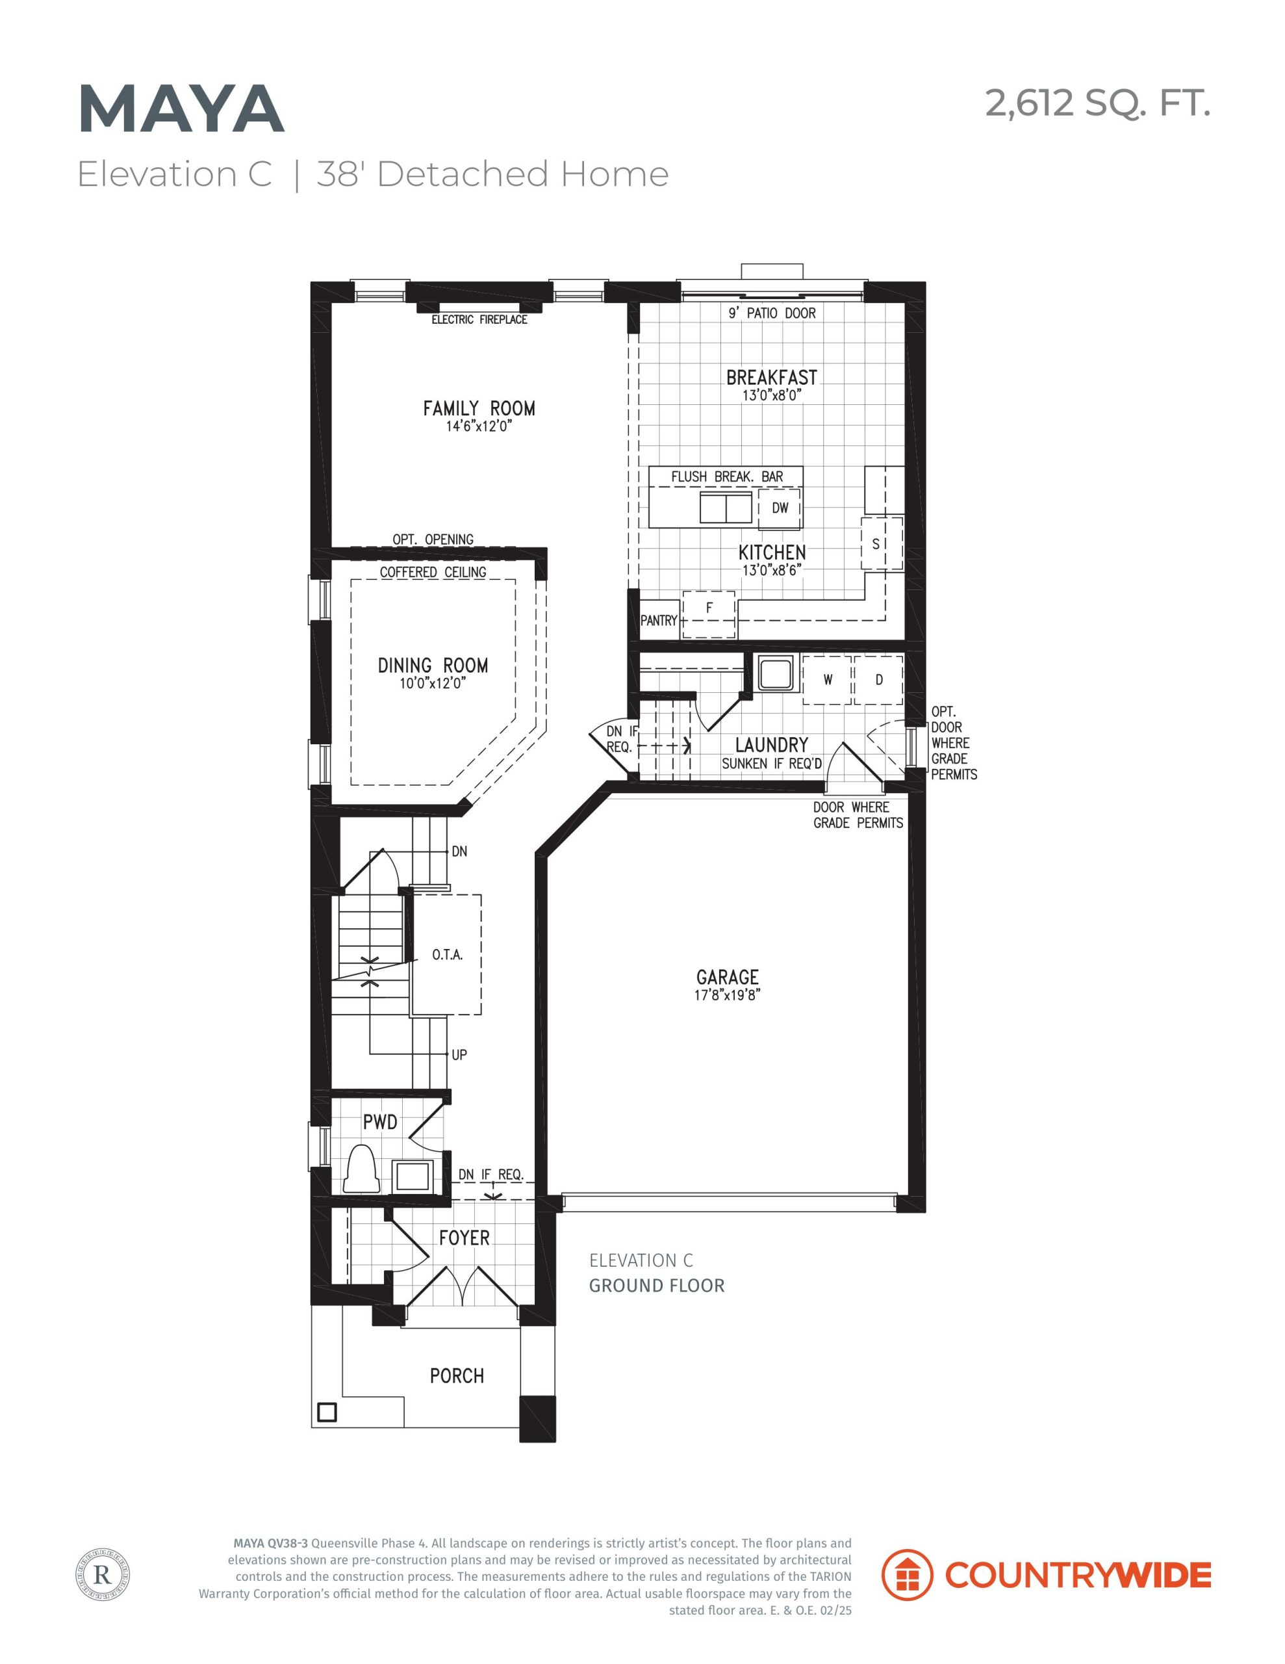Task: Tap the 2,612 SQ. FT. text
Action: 1098,103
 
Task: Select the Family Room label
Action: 479,408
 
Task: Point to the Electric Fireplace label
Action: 479,319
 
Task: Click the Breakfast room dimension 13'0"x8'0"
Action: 772,395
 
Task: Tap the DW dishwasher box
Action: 779,508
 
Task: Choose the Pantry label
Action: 658,620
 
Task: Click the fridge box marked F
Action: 709,614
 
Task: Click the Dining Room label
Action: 433,665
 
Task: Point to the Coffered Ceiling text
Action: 433,572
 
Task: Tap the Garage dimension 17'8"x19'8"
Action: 728,995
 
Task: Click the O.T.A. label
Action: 447,955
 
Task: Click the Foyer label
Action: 464,1238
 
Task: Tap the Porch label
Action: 457,1376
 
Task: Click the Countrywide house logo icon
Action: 906,1575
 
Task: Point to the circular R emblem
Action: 103,1574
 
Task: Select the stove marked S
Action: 882,543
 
